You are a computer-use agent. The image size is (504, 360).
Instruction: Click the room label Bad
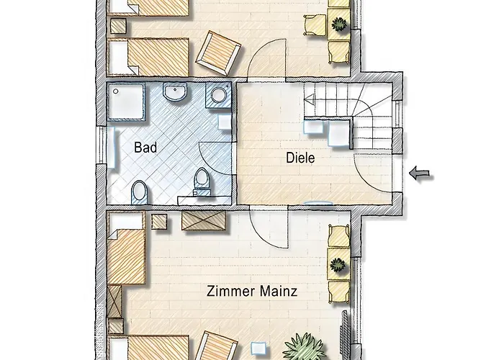click(x=145, y=148)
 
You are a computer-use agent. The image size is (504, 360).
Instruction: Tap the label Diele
click(x=300, y=158)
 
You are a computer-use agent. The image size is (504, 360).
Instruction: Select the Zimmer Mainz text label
click(x=252, y=291)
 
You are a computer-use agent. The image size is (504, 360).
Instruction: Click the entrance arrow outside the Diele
click(x=420, y=174)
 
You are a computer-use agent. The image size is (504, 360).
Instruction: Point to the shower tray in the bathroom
click(x=125, y=102)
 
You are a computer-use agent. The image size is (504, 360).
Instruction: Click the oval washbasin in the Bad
click(x=175, y=91)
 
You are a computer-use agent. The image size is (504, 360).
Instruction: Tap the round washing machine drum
click(x=219, y=95)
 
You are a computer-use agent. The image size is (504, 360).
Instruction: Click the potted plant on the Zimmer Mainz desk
click(x=338, y=265)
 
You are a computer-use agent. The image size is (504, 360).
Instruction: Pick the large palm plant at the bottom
click(x=304, y=347)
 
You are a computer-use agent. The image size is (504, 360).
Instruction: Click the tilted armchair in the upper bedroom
click(x=219, y=53)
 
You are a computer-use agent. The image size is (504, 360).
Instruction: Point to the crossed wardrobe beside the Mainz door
click(x=204, y=220)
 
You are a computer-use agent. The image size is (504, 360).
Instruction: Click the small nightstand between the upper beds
click(x=118, y=26)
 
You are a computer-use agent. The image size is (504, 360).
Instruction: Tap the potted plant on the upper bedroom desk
click(x=339, y=24)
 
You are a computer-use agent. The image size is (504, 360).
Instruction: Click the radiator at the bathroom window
click(x=110, y=147)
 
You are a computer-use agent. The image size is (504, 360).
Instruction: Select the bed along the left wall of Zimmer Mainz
click(x=126, y=248)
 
